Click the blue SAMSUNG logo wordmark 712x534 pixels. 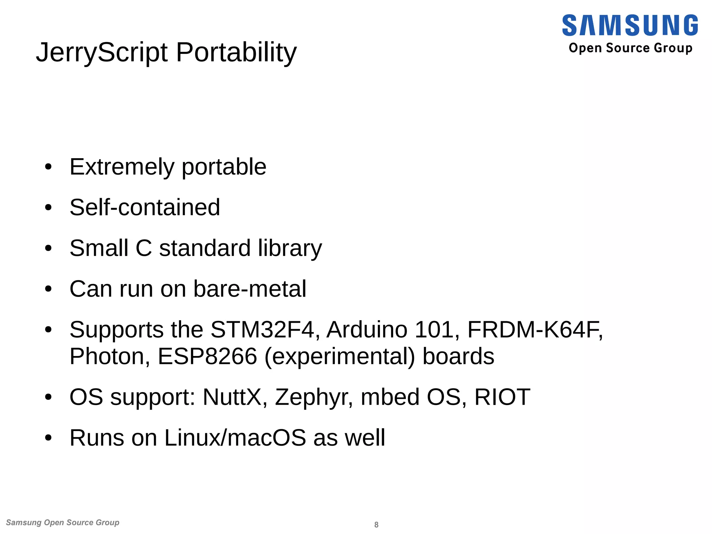pos(630,25)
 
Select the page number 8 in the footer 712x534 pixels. pos(376,525)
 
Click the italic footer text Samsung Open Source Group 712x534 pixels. pos(63,523)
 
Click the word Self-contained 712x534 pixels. pos(145,208)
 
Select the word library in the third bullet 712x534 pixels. pos(290,249)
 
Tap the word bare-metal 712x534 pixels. pos(250,289)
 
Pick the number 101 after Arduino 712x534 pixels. pos(437,330)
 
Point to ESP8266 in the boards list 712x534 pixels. pos(207,357)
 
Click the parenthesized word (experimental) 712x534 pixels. pos(340,357)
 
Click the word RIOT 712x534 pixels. pos(502,397)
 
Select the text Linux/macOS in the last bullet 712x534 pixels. pos(235,438)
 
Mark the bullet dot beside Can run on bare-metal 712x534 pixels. pos(48,289)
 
